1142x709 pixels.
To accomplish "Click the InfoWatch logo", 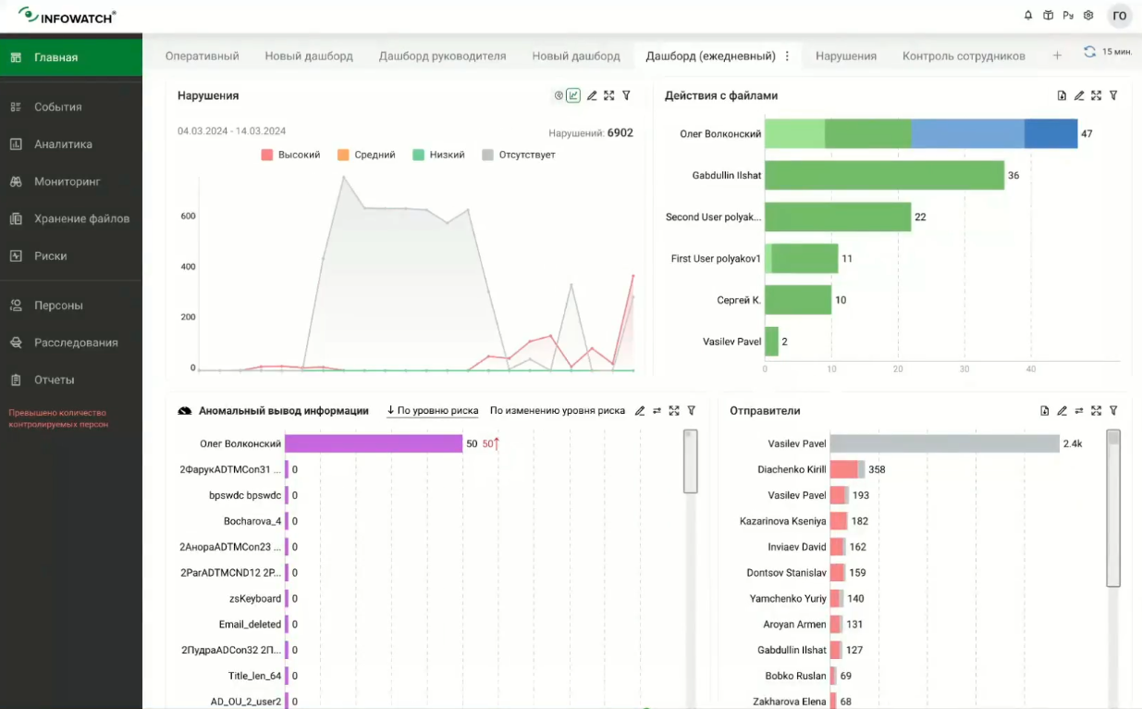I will tap(67, 16).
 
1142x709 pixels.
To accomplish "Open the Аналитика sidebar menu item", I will tap(63, 144).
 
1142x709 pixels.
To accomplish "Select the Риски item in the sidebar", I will tap(50, 256).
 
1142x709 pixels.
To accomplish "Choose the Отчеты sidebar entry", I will tap(54, 380).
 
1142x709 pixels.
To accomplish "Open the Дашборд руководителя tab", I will tap(442, 56).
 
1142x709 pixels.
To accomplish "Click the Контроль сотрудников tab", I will tap(964, 56).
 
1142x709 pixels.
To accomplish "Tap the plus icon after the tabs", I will tap(1057, 56).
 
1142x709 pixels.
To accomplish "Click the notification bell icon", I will tap(1028, 16).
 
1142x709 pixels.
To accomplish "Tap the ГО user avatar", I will tap(1119, 16).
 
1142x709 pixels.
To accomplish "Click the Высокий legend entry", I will tap(291, 155).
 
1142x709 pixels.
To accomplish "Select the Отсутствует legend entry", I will tap(519, 155).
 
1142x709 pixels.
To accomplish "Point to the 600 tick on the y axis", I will tap(188, 217).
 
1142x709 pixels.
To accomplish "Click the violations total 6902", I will tap(620, 133).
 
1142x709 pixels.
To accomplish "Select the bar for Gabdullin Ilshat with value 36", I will tap(884, 175).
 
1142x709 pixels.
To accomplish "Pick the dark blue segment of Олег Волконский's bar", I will tap(1050, 133).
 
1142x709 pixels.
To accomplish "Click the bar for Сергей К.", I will tap(798, 300).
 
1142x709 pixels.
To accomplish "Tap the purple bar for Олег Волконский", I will tap(374, 444).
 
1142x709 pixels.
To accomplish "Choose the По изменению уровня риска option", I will tap(557, 411).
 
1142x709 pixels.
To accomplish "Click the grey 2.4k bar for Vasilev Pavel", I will tap(944, 444).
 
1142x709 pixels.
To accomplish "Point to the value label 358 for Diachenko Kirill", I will tap(877, 470).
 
